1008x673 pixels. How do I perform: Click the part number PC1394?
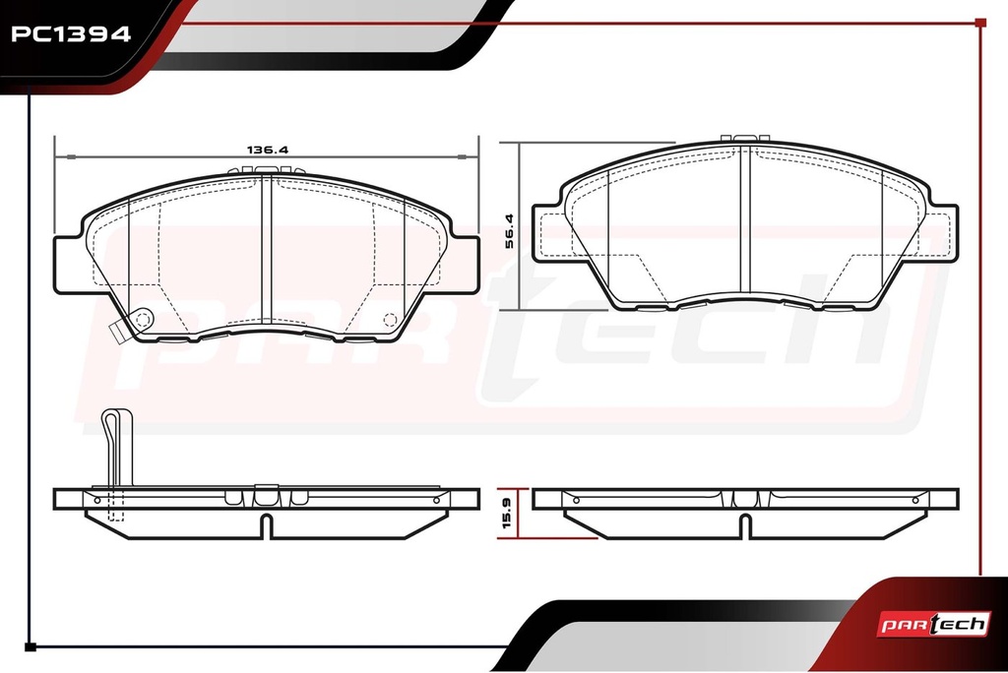point(71,33)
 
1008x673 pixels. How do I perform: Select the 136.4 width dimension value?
point(268,150)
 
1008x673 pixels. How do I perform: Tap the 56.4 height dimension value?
point(509,231)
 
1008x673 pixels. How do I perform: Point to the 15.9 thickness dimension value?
point(507,513)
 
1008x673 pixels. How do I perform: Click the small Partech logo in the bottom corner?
point(933,624)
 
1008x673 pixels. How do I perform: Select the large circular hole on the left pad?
point(142,320)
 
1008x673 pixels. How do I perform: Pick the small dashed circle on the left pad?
point(390,320)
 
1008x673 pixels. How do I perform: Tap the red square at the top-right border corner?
point(980,24)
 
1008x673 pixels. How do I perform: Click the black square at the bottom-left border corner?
point(31,647)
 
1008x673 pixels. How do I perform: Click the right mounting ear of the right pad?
point(942,233)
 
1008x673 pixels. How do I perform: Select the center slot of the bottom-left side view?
point(266,525)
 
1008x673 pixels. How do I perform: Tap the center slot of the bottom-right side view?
point(745,525)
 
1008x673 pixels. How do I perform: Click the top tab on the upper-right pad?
point(745,138)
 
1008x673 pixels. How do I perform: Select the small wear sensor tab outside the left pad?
point(117,332)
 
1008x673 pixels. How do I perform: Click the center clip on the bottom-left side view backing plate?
point(266,496)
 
